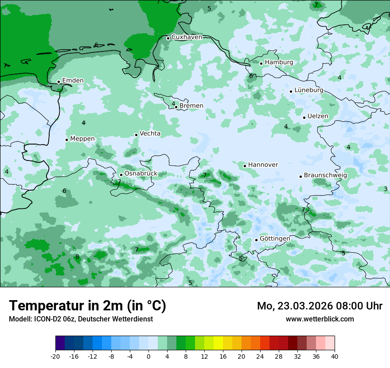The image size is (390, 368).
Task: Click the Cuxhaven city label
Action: click(x=187, y=37)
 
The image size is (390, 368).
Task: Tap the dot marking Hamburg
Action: click(x=261, y=63)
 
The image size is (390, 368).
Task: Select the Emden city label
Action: click(x=73, y=81)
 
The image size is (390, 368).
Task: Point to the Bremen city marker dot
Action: click(x=176, y=107)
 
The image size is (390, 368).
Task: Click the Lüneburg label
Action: click(x=309, y=90)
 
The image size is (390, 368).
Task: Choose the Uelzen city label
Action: click(x=318, y=117)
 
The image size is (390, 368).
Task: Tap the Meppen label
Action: click(x=82, y=139)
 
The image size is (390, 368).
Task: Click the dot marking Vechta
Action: click(x=136, y=135)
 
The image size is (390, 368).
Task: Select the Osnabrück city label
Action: click(x=141, y=174)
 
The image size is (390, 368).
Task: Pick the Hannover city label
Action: click(x=263, y=165)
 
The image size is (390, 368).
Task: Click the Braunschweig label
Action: click(x=325, y=176)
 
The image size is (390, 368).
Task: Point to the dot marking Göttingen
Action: click(x=256, y=240)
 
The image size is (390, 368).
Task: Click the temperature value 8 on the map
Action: click(x=77, y=257)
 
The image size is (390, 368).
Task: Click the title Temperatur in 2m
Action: click(x=87, y=306)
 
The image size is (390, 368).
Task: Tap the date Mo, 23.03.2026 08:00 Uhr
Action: click(x=320, y=306)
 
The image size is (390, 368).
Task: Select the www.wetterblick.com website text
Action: click(x=320, y=319)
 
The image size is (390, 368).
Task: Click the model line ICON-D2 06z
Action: click(x=81, y=319)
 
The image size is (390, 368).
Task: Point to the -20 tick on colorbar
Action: click(x=55, y=356)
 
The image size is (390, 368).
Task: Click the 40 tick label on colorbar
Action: click(x=335, y=356)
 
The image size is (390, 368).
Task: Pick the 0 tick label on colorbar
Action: click(x=148, y=356)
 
